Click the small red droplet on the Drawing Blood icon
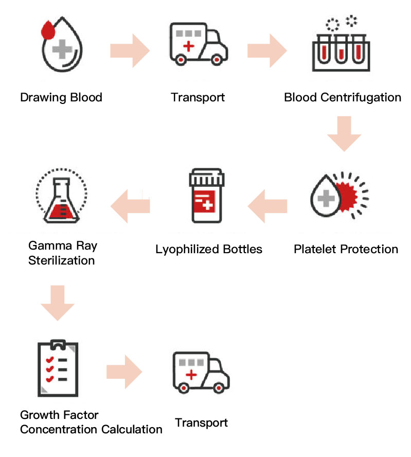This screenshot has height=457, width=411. pyautogui.click(x=48, y=30)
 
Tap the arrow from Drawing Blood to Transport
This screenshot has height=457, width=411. pyautogui.click(x=130, y=51)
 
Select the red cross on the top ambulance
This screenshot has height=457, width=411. pyautogui.click(x=189, y=46)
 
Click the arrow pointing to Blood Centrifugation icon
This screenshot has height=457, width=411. pyautogui.click(x=267, y=51)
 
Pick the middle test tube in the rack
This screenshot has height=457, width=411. pyautogui.click(x=341, y=49)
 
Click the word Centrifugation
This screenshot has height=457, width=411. pyautogui.click(x=361, y=98)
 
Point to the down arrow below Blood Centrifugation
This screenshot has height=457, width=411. pyautogui.click(x=344, y=134)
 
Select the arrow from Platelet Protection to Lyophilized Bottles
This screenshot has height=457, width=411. pyautogui.click(x=267, y=206)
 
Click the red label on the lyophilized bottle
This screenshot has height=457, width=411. pyautogui.click(x=205, y=202)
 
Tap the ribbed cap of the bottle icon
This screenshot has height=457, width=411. pyautogui.click(x=207, y=178)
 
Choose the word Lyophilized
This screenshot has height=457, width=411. pyautogui.click(x=187, y=250)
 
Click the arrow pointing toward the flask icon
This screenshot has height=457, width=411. pyautogui.click(x=130, y=206)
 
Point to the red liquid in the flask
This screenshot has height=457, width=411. pyautogui.click(x=61, y=212)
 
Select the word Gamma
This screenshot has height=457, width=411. pyautogui.click(x=50, y=245)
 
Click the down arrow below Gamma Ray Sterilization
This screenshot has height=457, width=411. pyautogui.click(x=58, y=303)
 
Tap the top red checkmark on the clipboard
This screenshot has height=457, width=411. pyautogui.click(x=50, y=360)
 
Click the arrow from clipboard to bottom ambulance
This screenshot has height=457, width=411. pyautogui.click(x=124, y=372)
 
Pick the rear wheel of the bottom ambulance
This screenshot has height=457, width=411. pyautogui.click(x=184, y=388)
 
